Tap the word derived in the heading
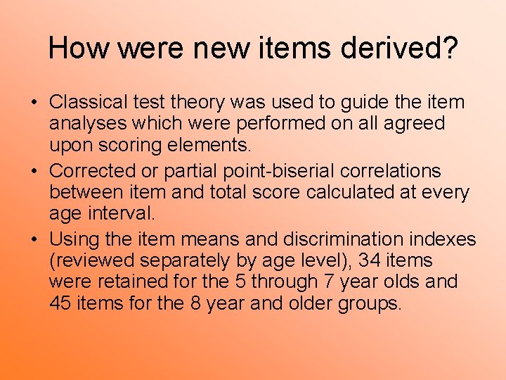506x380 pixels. (x=395, y=48)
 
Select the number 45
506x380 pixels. (x=60, y=303)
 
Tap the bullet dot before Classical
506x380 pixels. (x=33, y=103)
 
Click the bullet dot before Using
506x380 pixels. (x=33, y=240)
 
